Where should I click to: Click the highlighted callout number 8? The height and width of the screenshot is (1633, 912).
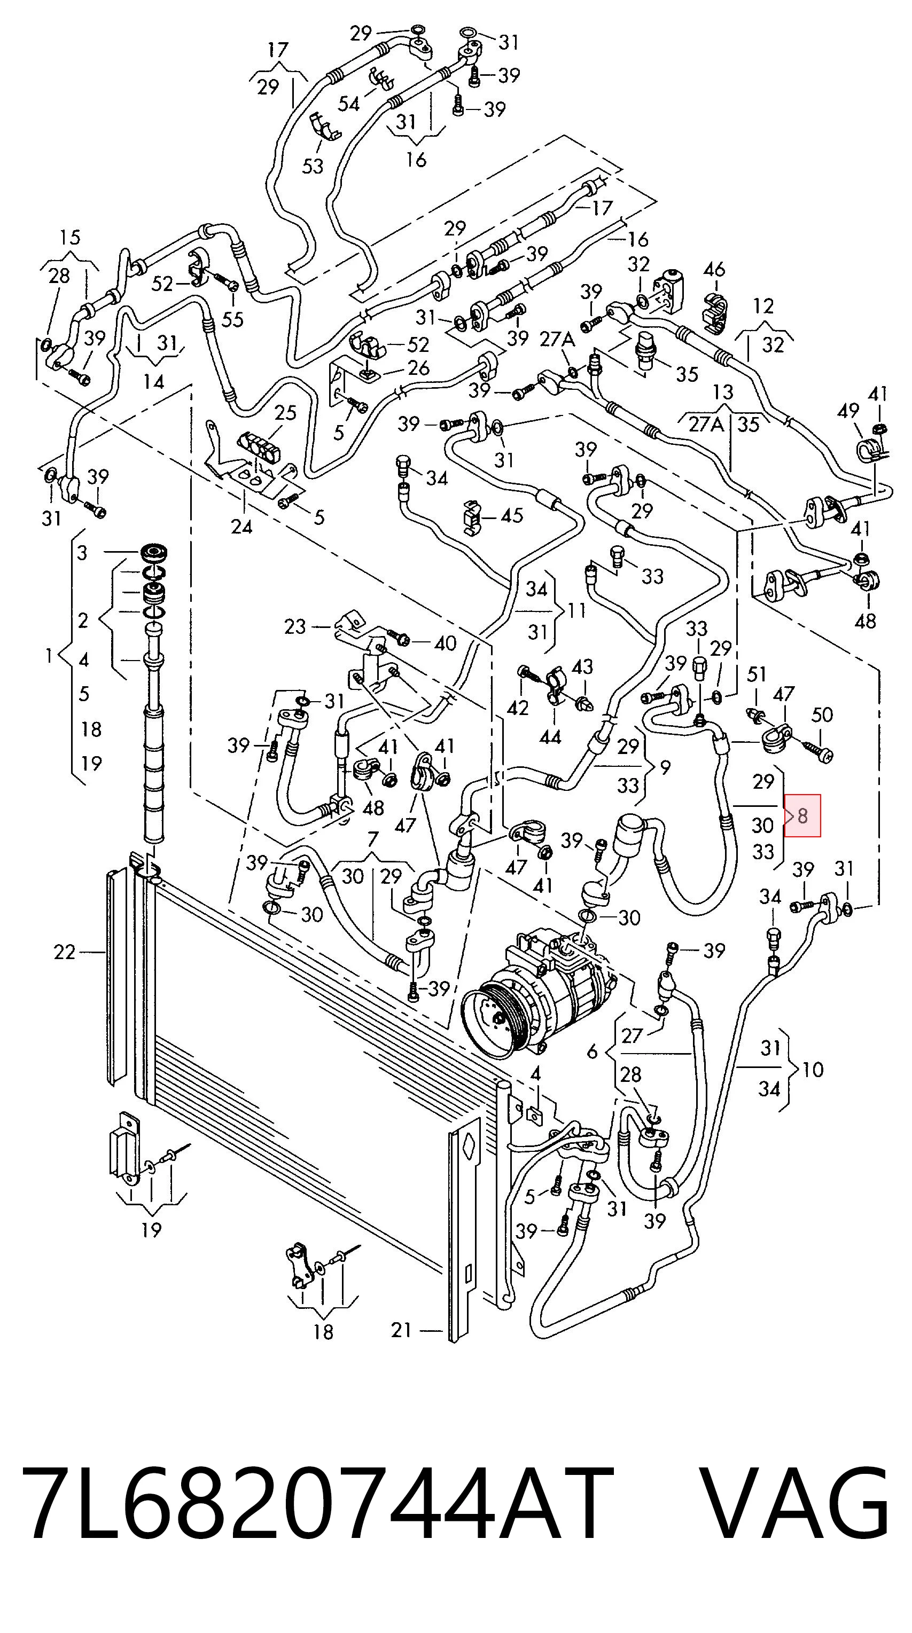pyautogui.click(x=802, y=815)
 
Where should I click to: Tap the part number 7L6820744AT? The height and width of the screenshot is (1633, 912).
pyautogui.click(x=318, y=1501)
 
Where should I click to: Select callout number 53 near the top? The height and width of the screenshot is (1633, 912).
pyautogui.click(x=313, y=166)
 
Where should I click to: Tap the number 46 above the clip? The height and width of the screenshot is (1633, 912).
pyautogui.click(x=714, y=270)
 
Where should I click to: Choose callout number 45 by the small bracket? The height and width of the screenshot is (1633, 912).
pyautogui.click(x=511, y=515)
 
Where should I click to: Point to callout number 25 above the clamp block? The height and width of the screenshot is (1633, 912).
pyautogui.click(x=285, y=413)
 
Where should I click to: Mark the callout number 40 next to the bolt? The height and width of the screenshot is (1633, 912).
pyautogui.click(x=445, y=643)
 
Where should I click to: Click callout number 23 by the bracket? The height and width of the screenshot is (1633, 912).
pyautogui.click(x=295, y=627)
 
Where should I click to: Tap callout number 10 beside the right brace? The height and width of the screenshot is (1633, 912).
pyautogui.click(x=813, y=1070)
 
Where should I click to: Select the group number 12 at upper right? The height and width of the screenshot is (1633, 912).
pyautogui.click(x=763, y=307)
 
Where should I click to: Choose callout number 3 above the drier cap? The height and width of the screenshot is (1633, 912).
pyautogui.click(x=82, y=553)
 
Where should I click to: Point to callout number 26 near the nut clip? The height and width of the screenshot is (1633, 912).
pyautogui.click(x=418, y=368)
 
